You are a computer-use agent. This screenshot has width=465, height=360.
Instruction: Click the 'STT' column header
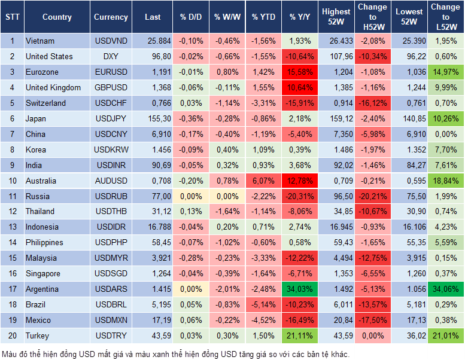[x=12, y=17]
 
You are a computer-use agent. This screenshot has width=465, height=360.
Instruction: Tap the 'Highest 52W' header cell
[x=336, y=17]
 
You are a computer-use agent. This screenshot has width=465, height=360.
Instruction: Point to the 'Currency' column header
[x=111, y=17]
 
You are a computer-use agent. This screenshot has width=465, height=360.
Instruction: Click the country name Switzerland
[x=45, y=103]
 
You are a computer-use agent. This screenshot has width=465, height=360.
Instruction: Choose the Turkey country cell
[x=37, y=335]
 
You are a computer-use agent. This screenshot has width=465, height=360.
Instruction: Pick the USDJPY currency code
[x=111, y=118]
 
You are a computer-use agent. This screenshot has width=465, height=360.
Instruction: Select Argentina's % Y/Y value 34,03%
[x=300, y=289]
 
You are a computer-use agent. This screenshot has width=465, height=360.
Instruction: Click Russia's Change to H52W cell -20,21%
[x=373, y=196]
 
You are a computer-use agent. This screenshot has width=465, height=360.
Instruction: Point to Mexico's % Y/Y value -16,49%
[x=300, y=320]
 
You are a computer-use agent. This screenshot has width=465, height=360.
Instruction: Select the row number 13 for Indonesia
[x=12, y=227]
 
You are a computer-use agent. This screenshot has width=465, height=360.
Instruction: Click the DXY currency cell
[x=111, y=56]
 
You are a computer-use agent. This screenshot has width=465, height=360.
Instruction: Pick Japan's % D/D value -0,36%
[x=191, y=118]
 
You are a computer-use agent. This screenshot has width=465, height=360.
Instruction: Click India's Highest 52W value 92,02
[x=336, y=165]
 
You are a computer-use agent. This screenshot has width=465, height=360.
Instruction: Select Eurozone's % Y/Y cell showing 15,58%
[x=300, y=72]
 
